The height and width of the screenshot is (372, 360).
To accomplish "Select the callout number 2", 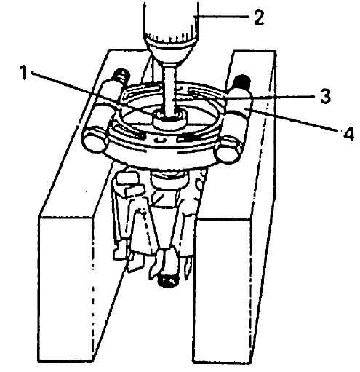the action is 259,17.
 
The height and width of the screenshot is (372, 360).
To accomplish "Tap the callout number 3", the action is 324,96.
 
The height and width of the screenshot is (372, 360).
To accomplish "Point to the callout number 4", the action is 348,133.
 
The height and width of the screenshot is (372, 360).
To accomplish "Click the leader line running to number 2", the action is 221,17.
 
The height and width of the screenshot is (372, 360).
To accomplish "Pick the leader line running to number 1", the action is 92,92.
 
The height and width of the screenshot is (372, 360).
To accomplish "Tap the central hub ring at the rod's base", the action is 170,119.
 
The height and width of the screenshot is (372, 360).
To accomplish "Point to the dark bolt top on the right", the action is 241,82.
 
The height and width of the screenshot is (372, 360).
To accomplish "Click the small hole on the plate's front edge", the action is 161,140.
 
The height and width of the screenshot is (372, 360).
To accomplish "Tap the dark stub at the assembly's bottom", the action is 169,281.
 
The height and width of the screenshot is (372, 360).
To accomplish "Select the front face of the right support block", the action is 221,290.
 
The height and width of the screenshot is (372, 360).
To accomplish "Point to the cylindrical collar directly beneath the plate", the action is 169,181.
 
